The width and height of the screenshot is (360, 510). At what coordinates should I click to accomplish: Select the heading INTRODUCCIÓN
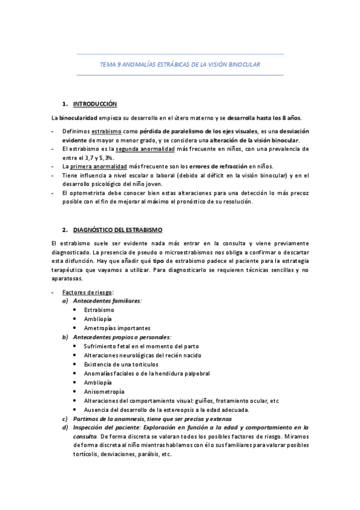[x=94, y=104]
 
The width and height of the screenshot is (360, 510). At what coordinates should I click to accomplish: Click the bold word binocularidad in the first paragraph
[x=61, y=117]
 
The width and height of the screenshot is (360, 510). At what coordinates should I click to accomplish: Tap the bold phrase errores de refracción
[x=222, y=165]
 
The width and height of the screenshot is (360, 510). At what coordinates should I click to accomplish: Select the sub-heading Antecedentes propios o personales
[x=122, y=337]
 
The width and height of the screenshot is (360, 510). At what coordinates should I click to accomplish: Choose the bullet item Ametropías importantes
[x=117, y=328]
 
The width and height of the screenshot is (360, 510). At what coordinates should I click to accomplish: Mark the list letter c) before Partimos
[x=65, y=419]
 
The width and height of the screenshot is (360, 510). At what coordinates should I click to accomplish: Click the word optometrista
[x=92, y=193]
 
